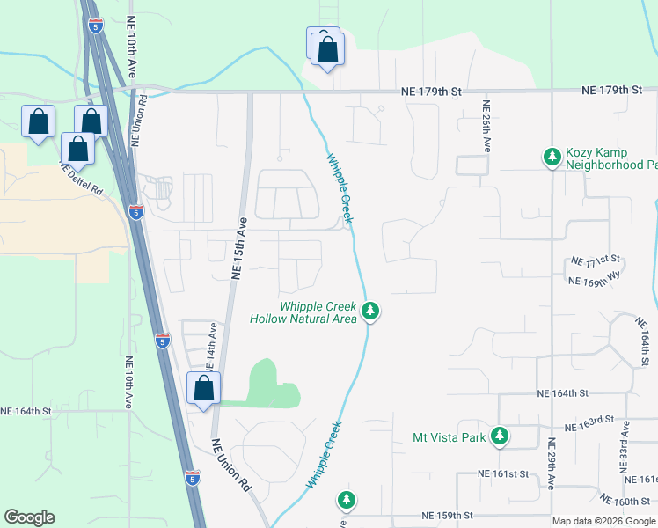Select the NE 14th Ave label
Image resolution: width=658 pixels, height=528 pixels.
pyautogui.click(x=212, y=344)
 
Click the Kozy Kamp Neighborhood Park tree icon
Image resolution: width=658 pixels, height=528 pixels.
pyautogui.click(x=552, y=157)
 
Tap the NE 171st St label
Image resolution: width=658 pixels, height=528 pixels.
pyautogui.click(x=596, y=260)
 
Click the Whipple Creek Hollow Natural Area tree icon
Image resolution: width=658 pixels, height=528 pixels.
pyautogui.click(x=371, y=312)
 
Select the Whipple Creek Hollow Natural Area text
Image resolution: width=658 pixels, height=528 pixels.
pyautogui.click(x=304, y=312)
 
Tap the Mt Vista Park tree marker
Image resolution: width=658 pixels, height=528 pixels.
pyautogui.click(x=500, y=436)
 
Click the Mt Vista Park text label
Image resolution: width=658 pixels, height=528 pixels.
pyautogui.click(x=449, y=436)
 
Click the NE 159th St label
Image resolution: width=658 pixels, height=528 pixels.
pyautogui.click(x=447, y=515)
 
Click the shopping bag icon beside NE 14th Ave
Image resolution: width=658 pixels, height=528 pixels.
pyautogui.click(x=203, y=387)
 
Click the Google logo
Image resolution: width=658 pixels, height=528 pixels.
pyautogui.click(x=29, y=517)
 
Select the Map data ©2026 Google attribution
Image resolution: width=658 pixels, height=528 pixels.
pyautogui.click(x=603, y=521)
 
